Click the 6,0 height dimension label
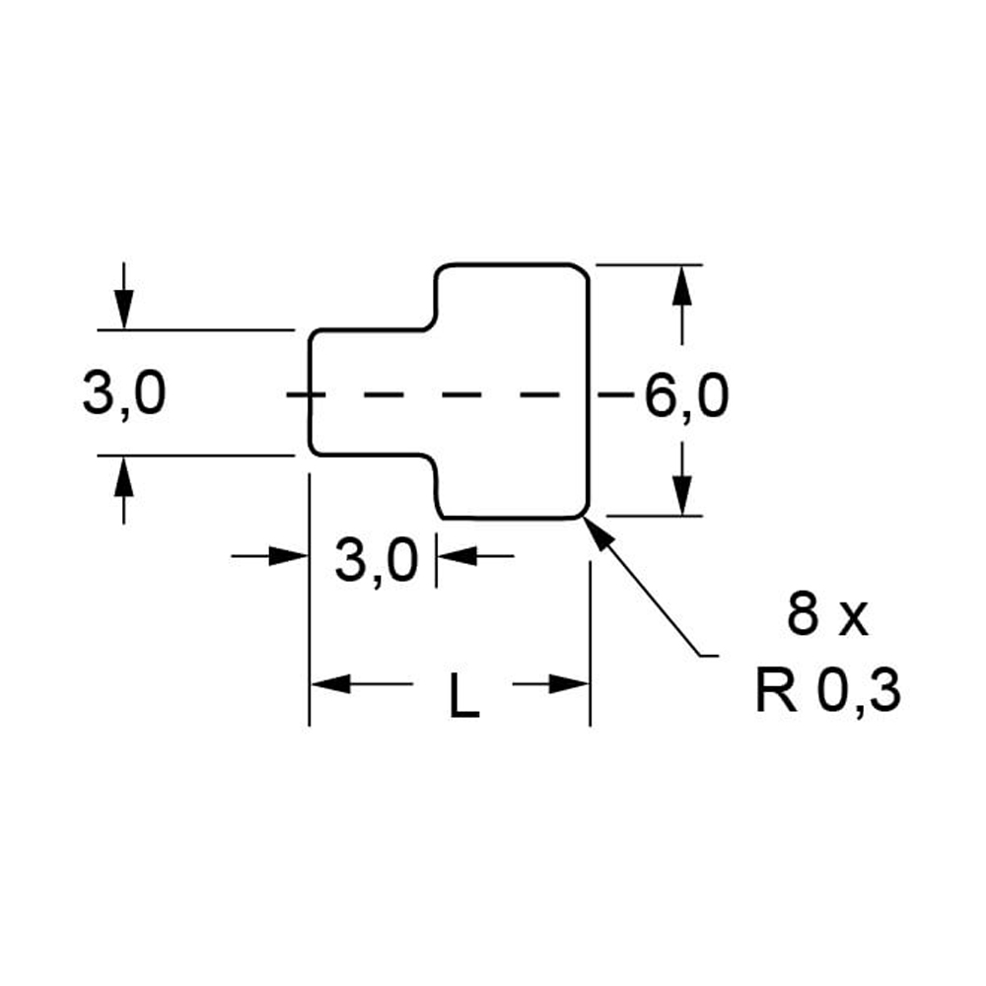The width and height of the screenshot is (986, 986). (x=686, y=396)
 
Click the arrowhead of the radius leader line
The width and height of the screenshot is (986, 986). (x=597, y=528)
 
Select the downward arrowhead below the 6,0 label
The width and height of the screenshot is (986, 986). (x=681, y=498)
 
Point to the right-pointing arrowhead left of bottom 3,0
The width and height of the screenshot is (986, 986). (x=292, y=556)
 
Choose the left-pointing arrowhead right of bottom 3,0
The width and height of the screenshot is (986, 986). (x=454, y=556)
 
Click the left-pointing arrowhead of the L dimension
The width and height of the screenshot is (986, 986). (x=329, y=683)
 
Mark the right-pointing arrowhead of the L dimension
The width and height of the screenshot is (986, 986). (x=570, y=683)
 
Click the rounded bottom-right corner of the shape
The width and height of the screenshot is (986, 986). (x=583, y=511)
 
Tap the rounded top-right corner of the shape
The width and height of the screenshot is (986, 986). (x=583, y=271)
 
